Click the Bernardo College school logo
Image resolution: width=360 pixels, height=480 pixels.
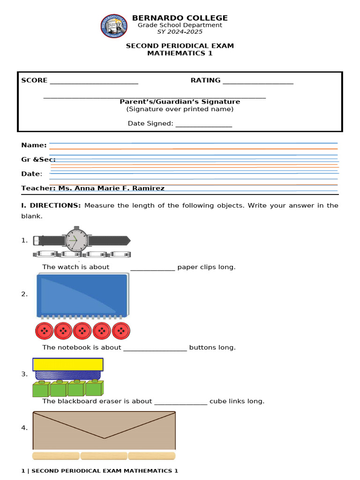tap(114, 26)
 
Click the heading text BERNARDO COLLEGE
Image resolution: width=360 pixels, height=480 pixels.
tap(180, 18)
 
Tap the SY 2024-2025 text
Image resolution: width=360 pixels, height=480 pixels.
tap(180, 32)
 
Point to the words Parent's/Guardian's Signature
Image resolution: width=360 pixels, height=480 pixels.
tap(180, 102)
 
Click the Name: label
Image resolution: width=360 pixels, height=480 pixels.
tap(34, 145)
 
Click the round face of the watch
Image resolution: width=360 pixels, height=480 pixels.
tap(75, 240)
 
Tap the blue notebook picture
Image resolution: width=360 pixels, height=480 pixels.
tap(82, 295)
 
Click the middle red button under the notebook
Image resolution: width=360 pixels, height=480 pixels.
tap(82, 331)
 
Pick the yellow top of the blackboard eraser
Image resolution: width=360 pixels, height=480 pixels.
tap(68, 364)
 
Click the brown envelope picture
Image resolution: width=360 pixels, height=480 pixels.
tap(104, 430)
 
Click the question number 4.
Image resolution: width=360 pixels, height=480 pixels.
tap(24, 427)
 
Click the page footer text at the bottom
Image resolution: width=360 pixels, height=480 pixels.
tap(100, 471)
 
